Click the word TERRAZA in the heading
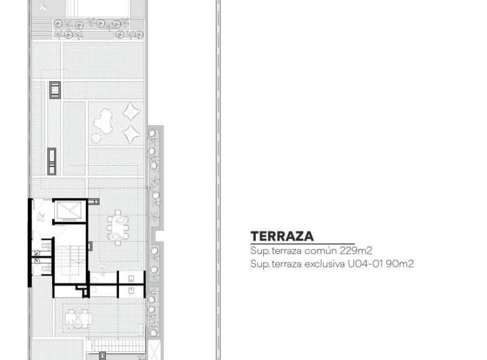(281, 236)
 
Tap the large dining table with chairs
(118, 227)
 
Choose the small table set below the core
(78, 317)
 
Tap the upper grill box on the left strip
(54, 89)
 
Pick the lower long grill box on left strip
(51, 160)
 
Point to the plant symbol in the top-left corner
(43, 7)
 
